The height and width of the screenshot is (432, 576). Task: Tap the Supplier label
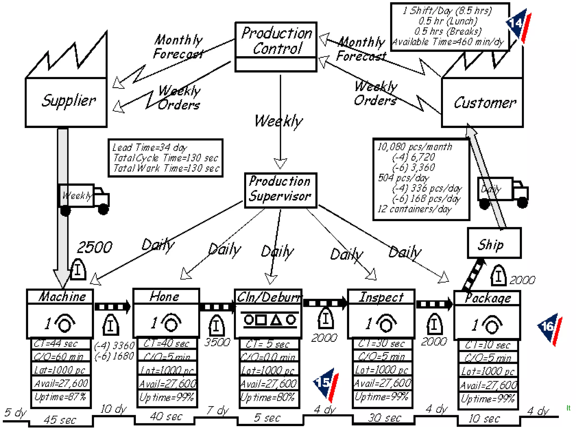click(x=68, y=100)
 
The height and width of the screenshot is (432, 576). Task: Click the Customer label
click(x=485, y=103)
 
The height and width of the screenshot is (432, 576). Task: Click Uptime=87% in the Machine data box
click(x=60, y=397)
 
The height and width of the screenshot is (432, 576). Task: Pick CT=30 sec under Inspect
click(x=382, y=343)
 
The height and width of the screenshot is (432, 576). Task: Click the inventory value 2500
click(x=94, y=247)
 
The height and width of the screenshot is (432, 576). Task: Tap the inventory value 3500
click(x=217, y=342)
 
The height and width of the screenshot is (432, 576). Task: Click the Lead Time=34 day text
click(x=150, y=148)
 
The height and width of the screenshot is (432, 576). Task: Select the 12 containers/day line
click(x=414, y=209)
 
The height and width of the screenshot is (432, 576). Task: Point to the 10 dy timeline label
click(x=113, y=409)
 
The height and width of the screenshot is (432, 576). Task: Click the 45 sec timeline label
click(x=60, y=420)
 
